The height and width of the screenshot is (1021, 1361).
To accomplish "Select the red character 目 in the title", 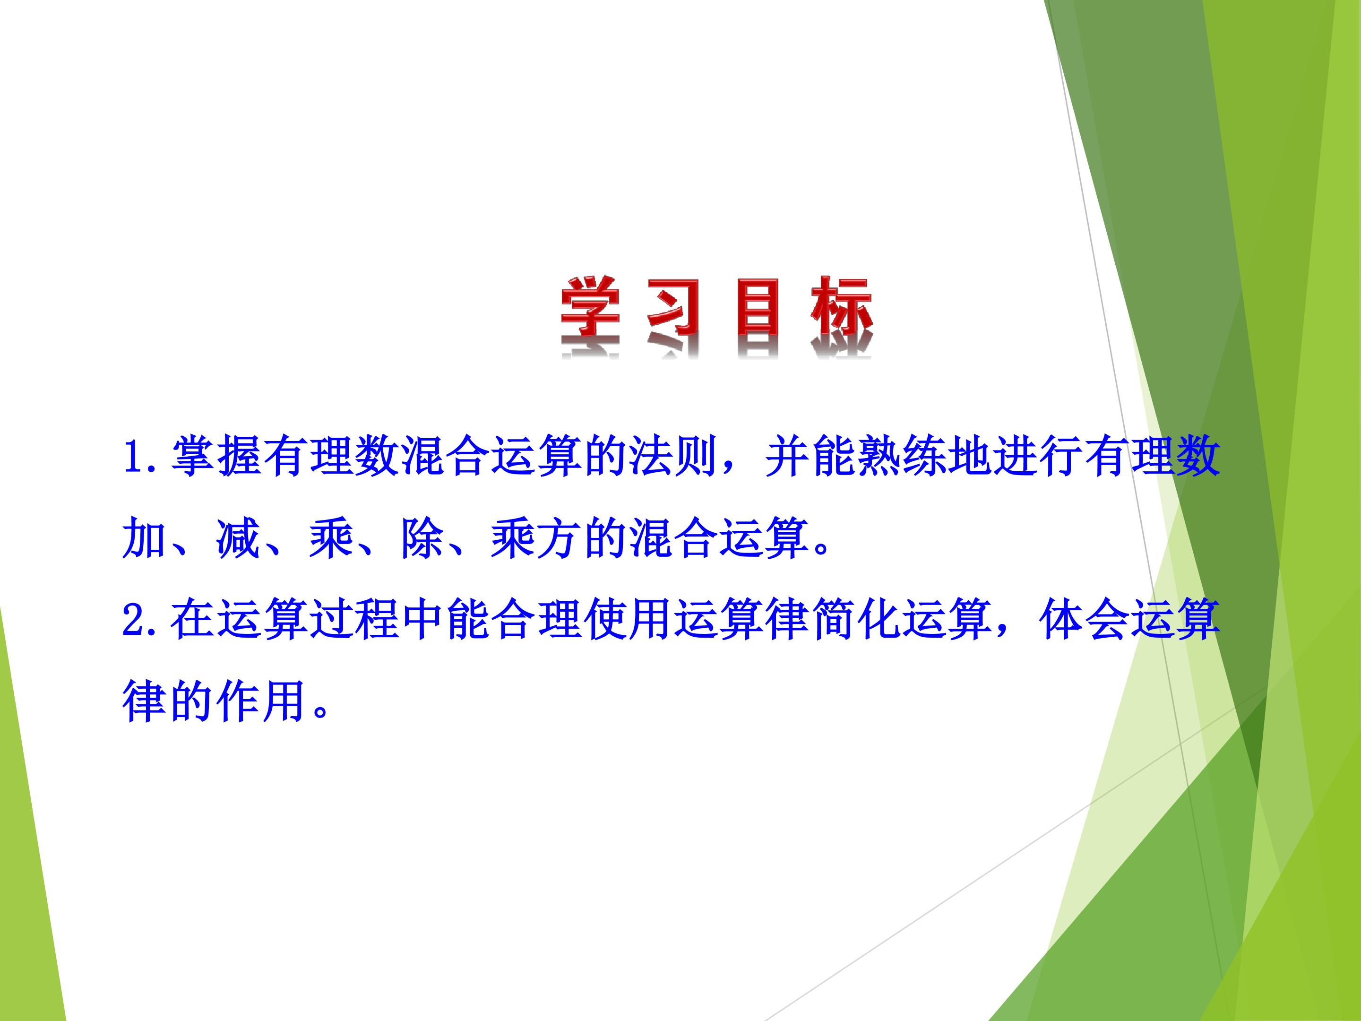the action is [x=758, y=308].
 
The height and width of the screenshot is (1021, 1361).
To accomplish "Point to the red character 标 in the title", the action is [x=841, y=307].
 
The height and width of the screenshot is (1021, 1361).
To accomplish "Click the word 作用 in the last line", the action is [x=262, y=702].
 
